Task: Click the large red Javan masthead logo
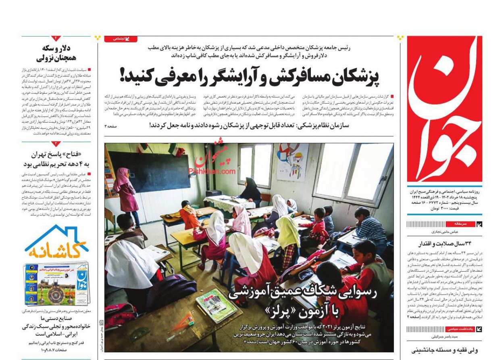click(444, 109)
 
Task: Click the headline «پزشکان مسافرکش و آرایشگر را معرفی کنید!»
click(250, 76)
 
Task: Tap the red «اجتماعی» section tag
click(121, 39)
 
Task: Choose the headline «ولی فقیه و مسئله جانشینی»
click(441, 350)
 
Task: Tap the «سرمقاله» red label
click(460, 224)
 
